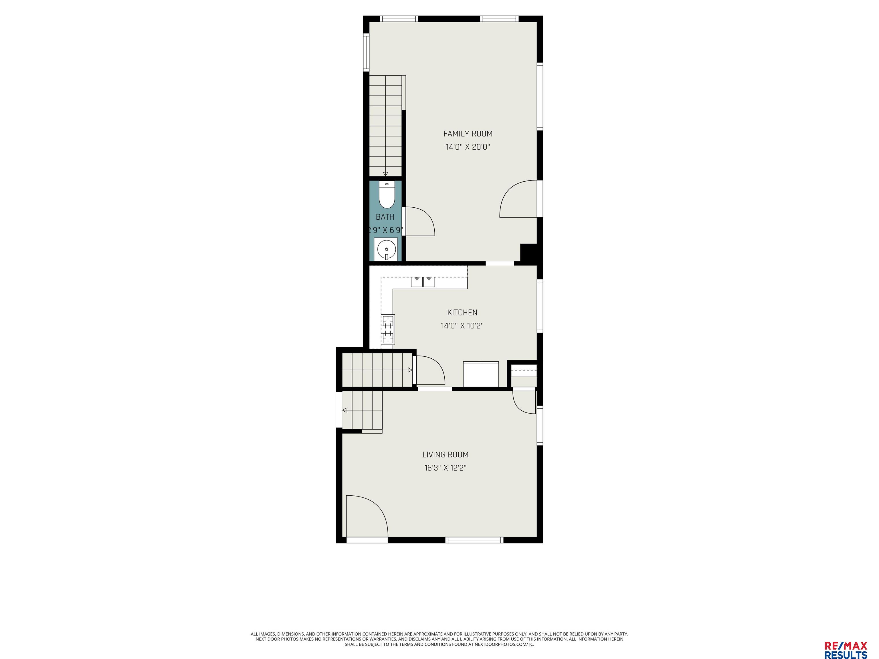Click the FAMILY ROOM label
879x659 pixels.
pos(468,134)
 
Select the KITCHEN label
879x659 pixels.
pos(462,313)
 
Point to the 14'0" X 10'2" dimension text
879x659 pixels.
pos(462,326)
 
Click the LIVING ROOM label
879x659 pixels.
pos(445,455)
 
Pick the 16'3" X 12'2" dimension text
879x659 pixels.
pos(445,468)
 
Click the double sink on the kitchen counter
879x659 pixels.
pos(423,282)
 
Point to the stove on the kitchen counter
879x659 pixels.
pos(388,329)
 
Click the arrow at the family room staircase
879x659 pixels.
pos(385,174)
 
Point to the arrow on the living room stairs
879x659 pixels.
pos(345,410)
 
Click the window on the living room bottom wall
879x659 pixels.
pos(474,540)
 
